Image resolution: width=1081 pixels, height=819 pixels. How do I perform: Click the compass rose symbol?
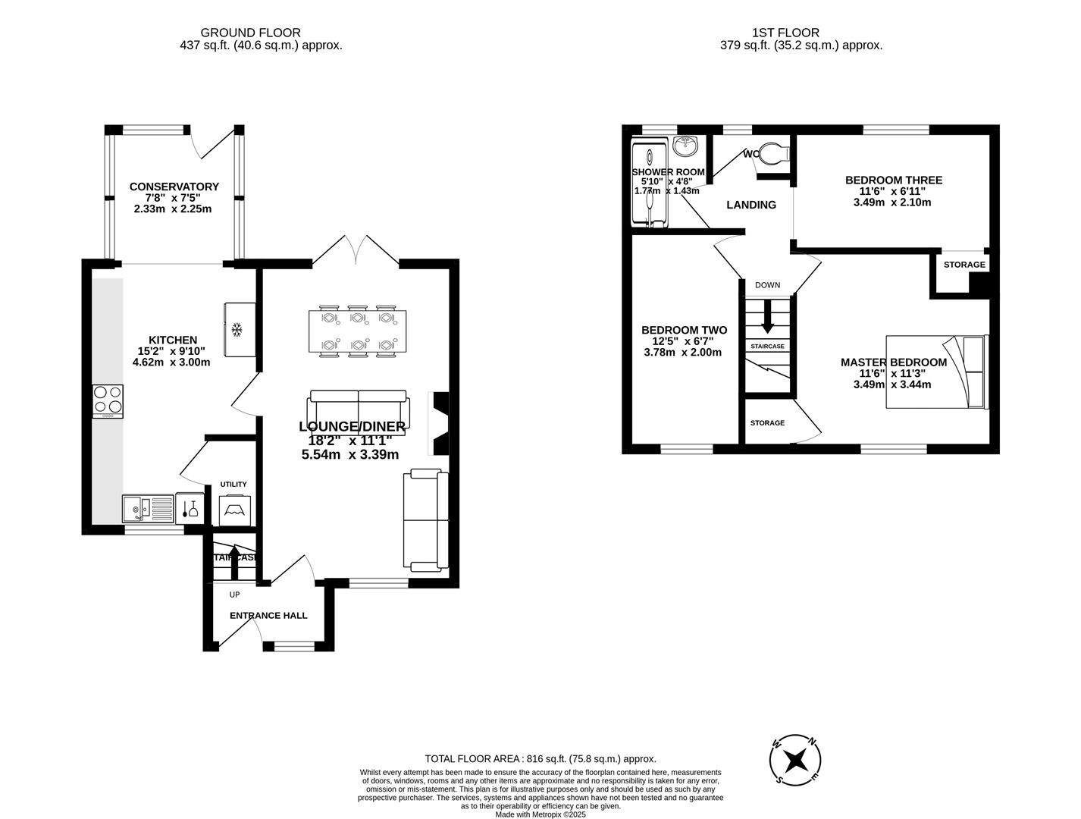pyautogui.click(x=796, y=760)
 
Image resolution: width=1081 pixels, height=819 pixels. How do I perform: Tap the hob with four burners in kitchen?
pyautogui.click(x=108, y=401)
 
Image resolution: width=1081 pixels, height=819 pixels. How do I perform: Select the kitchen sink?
pyautogui.click(x=139, y=508)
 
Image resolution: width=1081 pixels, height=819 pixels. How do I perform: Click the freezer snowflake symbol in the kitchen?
pyautogui.click(x=236, y=329)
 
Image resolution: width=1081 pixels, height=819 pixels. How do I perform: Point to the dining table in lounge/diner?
pyautogui.click(x=358, y=331)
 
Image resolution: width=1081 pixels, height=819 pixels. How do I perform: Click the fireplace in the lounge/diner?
pyautogui.click(x=440, y=422)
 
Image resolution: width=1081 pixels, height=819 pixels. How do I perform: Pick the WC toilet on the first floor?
pyautogui.click(x=773, y=154)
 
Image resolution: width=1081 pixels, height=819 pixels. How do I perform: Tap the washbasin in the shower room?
pyautogui.click(x=687, y=144)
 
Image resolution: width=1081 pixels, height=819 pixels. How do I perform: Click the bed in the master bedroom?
pyautogui.click(x=937, y=372)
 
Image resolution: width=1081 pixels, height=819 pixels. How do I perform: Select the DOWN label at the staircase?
pyautogui.click(x=767, y=285)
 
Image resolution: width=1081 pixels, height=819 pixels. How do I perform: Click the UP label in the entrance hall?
pyautogui.click(x=234, y=595)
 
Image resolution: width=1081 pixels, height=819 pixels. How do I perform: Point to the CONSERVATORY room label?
pyautogui.click(x=174, y=187)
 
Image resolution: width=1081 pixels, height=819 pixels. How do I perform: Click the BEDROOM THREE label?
pyautogui.click(x=894, y=180)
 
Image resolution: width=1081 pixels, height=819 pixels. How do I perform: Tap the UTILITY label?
pyautogui.click(x=233, y=484)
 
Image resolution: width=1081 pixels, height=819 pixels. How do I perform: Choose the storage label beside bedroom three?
pyautogui.click(x=964, y=265)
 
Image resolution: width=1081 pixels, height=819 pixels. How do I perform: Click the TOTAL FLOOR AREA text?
pyautogui.click(x=540, y=758)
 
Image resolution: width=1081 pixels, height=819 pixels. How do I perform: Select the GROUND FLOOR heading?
pyautogui.click(x=250, y=33)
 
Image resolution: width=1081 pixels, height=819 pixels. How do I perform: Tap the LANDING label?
pyautogui.click(x=751, y=205)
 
